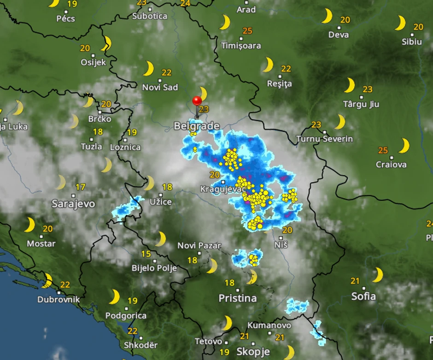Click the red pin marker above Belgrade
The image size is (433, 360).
197,100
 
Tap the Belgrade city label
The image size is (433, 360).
196,126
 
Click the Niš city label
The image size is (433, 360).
281,244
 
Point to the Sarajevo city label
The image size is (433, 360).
73,204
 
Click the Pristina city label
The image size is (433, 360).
237,298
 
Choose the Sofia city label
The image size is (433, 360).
363,296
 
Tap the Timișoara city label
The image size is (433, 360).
241,46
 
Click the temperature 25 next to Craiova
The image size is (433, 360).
383,150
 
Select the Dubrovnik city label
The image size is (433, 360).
59,299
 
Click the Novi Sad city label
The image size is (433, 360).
160,87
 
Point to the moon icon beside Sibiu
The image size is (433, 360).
400,23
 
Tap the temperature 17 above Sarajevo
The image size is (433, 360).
81,187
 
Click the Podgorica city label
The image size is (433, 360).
126,316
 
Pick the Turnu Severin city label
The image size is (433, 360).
325,139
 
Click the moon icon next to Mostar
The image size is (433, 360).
29,225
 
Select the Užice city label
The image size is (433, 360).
161,202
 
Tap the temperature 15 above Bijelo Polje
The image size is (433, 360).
146,254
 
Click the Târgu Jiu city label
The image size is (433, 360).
361,104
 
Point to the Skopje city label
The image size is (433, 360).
253,352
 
